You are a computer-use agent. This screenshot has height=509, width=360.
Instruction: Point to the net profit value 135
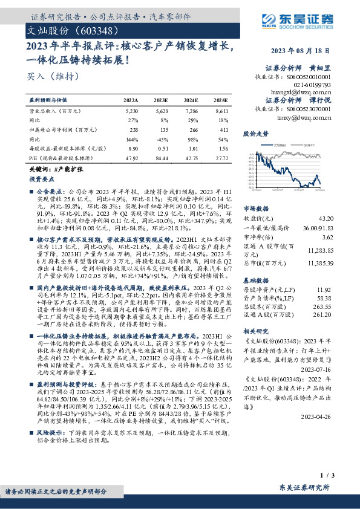[x=160, y=129]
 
